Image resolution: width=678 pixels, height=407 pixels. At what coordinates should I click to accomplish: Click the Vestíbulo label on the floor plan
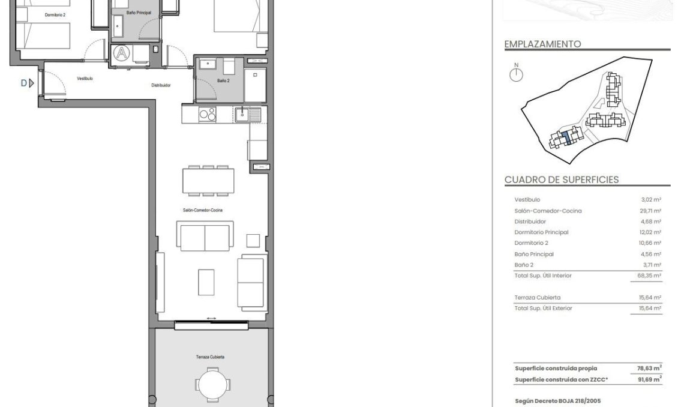85,78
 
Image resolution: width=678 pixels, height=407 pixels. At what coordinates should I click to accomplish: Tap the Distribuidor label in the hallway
161,85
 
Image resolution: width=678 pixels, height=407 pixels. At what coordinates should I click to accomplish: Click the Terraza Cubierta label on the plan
210,357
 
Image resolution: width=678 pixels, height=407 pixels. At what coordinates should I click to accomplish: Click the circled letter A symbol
122,53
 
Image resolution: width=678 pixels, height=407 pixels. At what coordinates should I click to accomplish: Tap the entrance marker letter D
24,83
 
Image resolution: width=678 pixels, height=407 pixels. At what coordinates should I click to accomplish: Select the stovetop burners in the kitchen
208,113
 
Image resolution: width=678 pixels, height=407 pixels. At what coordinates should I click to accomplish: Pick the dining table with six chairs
208,181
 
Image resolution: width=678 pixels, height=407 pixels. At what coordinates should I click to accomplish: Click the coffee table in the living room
206,282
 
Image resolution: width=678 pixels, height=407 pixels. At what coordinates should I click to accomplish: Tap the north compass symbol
516,74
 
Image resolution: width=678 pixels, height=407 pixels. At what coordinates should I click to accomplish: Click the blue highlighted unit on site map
566,139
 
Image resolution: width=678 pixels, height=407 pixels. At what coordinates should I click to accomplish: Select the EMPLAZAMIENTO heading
542,44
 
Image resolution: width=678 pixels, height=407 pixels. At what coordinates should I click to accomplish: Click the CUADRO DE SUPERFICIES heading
562,179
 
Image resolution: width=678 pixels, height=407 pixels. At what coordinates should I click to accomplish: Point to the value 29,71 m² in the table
650,211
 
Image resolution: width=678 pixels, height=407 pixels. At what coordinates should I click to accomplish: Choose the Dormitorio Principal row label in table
541,232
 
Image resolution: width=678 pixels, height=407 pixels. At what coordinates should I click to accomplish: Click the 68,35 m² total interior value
649,276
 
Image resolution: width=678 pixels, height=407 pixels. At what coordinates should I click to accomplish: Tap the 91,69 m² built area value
649,380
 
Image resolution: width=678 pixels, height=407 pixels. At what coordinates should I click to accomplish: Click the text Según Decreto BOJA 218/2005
558,400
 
